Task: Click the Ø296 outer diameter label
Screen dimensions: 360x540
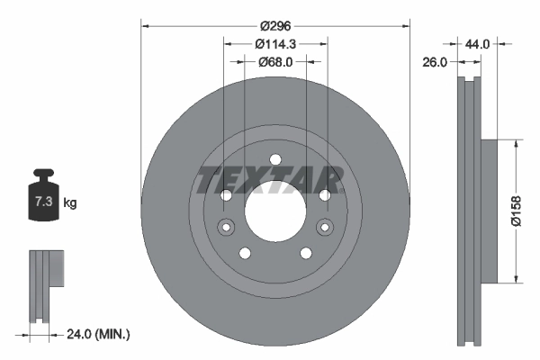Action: (x=274, y=26)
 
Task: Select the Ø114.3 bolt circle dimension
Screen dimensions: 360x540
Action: (x=274, y=44)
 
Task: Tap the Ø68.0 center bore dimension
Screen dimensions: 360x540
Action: (x=274, y=62)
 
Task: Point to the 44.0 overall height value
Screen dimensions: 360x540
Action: (x=477, y=43)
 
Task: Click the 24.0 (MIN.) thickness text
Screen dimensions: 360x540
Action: (x=98, y=334)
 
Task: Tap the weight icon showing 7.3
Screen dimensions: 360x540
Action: (x=42, y=200)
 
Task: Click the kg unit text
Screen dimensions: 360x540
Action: (x=70, y=203)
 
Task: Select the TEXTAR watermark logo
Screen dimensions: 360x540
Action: (x=271, y=177)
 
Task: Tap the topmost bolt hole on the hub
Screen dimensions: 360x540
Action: (x=274, y=160)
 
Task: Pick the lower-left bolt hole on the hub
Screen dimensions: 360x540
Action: (x=244, y=253)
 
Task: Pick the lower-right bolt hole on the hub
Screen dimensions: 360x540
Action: (x=305, y=253)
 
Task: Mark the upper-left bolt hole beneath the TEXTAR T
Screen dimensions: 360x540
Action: (x=226, y=195)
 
